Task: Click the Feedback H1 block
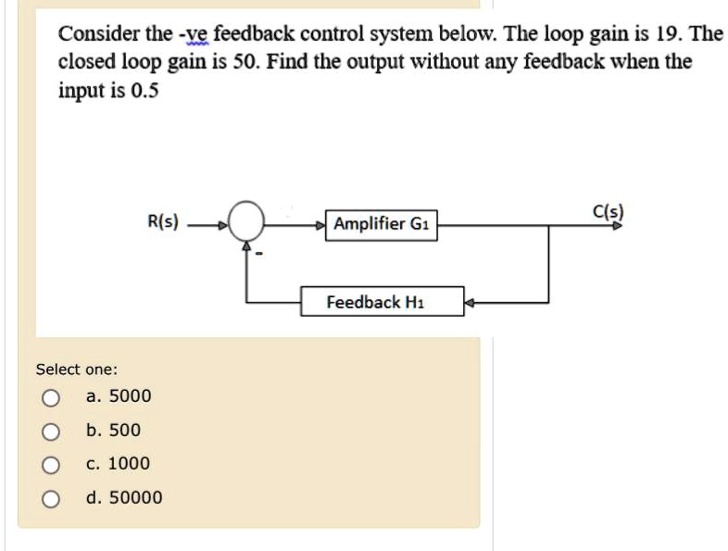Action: (x=382, y=302)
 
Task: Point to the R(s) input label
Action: (x=166, y=223)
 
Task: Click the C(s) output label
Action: (x=609, y=211)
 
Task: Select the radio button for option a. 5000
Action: (x=51, y=398)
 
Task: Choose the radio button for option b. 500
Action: (x=51, y=432)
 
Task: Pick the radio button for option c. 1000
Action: (x=51, y=465)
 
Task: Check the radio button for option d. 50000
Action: (x=51, y=499)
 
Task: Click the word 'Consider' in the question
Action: (x=94, y=34)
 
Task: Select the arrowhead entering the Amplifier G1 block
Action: (x=321, y=225)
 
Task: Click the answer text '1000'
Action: (x=129, y=464)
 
